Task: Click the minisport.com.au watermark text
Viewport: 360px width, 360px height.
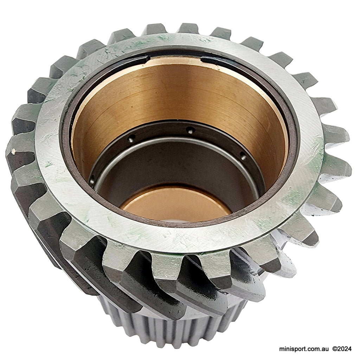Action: [x=304, y=349]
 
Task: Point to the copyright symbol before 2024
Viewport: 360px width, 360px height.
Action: [x=335, y=349]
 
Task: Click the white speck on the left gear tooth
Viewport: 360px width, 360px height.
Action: [x=13, y=151]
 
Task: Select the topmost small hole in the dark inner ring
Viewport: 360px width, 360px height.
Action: [x=190, y=130]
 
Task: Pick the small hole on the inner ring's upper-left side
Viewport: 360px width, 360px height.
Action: [x=131, y=139]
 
